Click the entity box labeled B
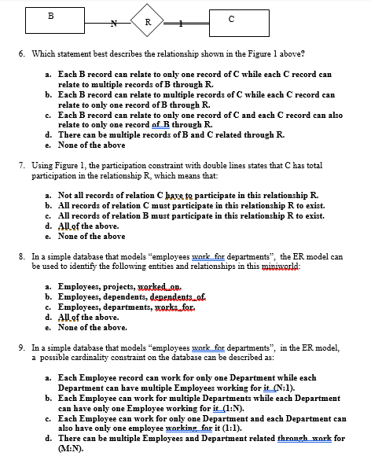(52, 22)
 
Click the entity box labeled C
(232, 22)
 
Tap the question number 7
(21, 167)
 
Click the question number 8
(21, 256)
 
